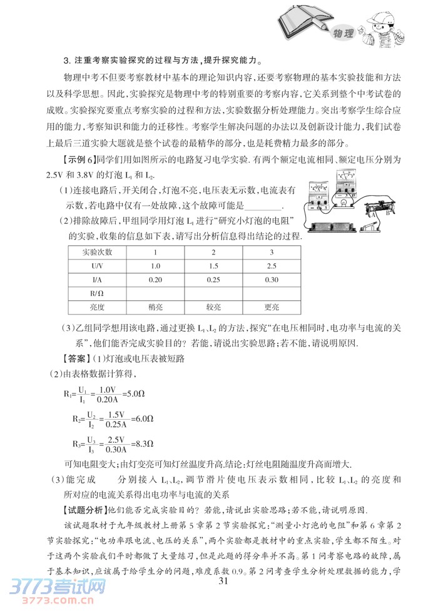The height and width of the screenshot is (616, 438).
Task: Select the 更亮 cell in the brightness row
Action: pyautogui.click(x=272, y=307)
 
